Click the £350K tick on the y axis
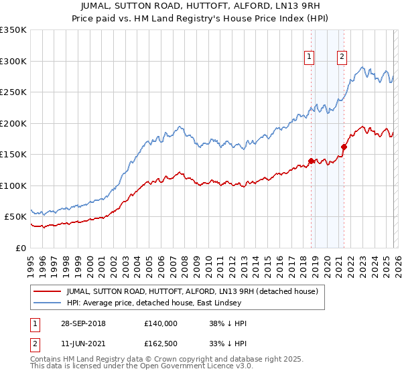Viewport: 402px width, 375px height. click(x=13, y=30)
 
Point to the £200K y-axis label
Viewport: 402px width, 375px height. click(x=13, y=123)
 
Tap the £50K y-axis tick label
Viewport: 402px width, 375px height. click(x=15, y=217)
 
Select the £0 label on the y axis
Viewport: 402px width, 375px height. click(x=21, y=248)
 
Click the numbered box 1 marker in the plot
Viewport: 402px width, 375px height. click(x=310, y=57)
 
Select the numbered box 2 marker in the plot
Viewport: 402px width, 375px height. click(x=342, y=57)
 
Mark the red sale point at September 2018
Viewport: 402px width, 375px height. click(x=311, y=161)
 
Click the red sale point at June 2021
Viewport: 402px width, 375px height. click(x=343, y=147)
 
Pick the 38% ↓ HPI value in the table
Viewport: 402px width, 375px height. click(x=228, y=323)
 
